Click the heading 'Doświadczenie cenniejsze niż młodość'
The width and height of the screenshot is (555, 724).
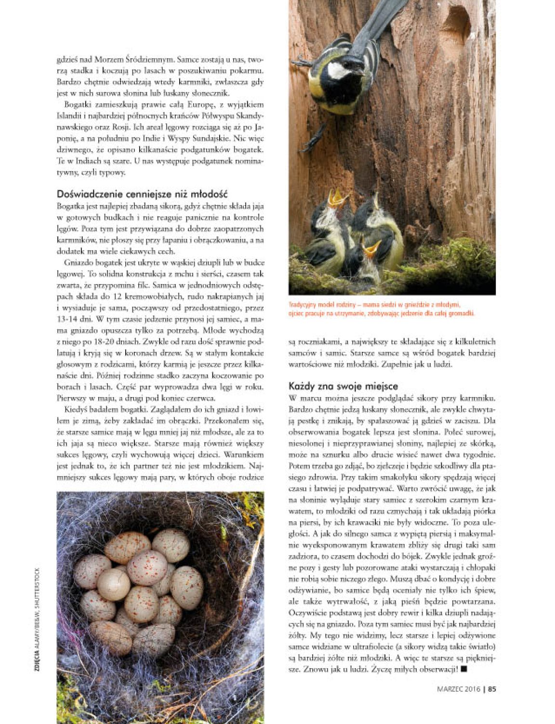click(142, 194)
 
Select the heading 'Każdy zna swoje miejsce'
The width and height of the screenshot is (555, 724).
click(343, 386)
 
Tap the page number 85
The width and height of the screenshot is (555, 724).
click(492, 689)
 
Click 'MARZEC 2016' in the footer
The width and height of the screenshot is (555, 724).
click(458, 689)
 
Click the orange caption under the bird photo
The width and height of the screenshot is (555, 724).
click(381, 309)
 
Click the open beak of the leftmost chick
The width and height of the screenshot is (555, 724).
click(336, 198)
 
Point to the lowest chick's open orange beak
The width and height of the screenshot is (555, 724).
click(371, 248)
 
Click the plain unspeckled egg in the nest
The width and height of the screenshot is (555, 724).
click(114, 584)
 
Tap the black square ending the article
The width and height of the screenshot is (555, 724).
click(464, 669)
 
